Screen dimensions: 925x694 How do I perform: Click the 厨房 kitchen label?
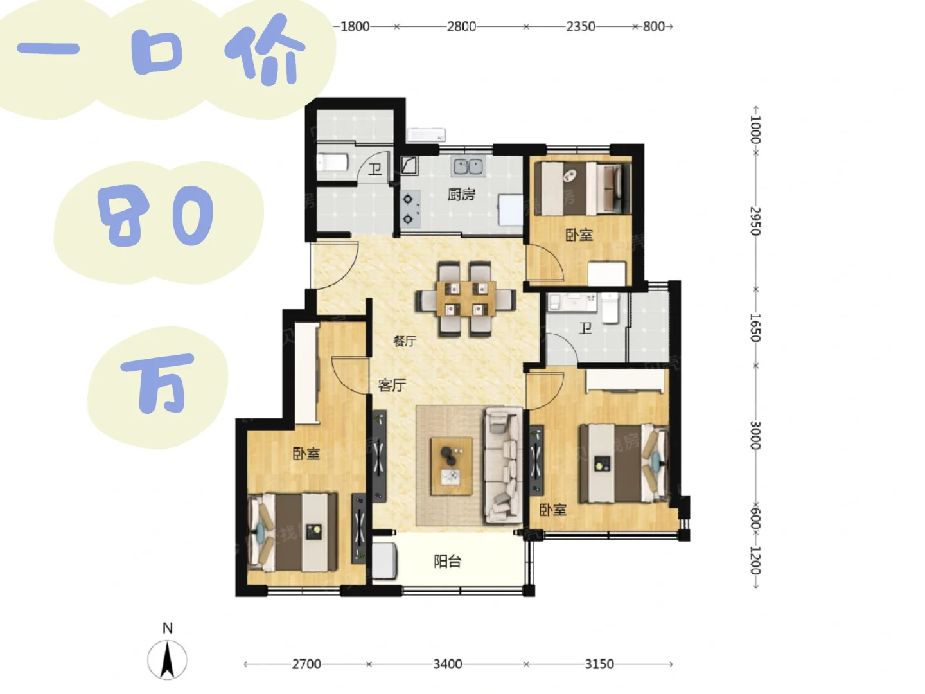461,195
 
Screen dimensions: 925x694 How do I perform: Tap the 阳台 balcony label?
448,561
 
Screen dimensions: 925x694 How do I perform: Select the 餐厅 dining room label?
405,341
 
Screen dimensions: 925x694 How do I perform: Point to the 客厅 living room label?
392,385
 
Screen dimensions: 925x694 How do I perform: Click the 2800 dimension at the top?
461,26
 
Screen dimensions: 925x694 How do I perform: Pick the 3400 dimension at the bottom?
448,664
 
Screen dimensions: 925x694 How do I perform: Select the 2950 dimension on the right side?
755,221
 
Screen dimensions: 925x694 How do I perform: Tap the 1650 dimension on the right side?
755,328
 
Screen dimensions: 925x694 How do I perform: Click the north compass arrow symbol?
167,659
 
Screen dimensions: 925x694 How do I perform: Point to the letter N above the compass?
168,628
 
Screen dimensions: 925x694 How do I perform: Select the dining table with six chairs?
466,299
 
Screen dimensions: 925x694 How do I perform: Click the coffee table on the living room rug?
451,467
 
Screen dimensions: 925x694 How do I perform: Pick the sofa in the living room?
504,465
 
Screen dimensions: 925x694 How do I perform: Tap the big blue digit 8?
124,216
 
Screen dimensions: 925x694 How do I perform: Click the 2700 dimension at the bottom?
306,664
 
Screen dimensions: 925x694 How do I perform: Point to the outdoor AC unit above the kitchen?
426,135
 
